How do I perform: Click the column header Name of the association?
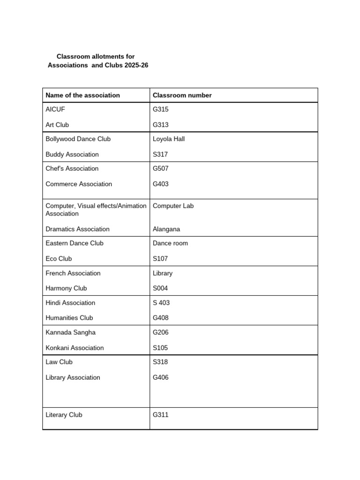pyautogui.click(x=82, y=95)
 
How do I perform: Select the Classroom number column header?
pyautogui.click(x=182, y=95)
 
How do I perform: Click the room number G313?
pyautogui.click(x=160, y=125)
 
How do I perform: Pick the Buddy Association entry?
pyautogui.click(x=72, y=154)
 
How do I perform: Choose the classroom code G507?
pyautogui.click(x=160, y=168)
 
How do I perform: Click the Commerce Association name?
pyautogui.click(x=79, y=184)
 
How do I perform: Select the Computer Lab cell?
pyautogui.click(x=173, y=206)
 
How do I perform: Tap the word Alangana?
pyautogui.click(x=166, y=229)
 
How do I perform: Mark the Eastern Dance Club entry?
pyautogui.click(x=75, y=243)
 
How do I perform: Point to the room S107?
pyautogui.click(x=160, y=258)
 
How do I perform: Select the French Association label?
pyautogui.click(x=73, y=273)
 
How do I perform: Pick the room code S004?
pyautogui.click(x=160, y=288)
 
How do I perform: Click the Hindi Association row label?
pyautogui.click(x=70, y=302)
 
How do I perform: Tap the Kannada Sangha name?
pyautogui.click(x=70, y=332)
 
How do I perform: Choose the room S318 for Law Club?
pyautogui.click(x=160, y=362)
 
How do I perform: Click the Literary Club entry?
pyautogui.click(x=64, y=414)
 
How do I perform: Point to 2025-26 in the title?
pyautogui.click(x=136, y=65)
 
